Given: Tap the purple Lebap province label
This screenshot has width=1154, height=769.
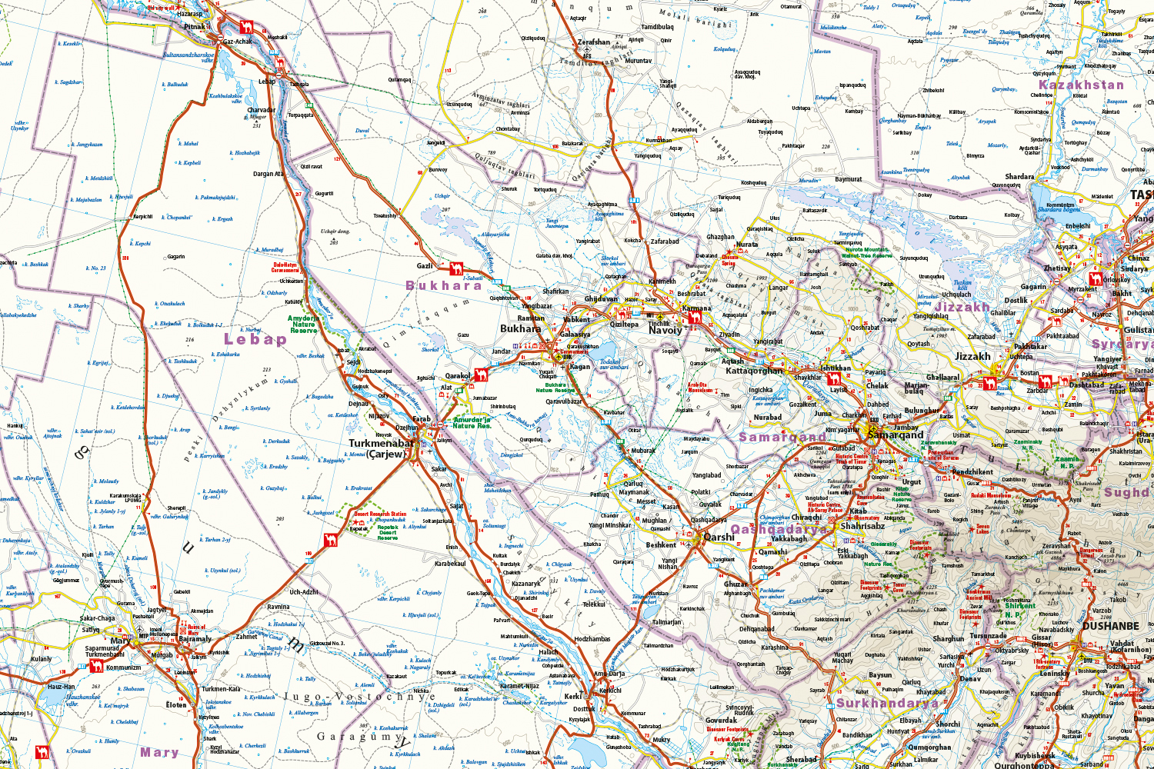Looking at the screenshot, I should [x=255, y=339].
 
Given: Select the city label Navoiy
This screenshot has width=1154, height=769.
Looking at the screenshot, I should [x=665, y=331].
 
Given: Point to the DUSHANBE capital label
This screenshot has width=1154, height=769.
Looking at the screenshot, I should [x=1110, y=626].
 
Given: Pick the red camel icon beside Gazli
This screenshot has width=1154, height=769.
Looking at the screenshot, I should [x=456, y=268].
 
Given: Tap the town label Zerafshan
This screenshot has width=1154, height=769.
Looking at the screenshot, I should [x=593, y=42].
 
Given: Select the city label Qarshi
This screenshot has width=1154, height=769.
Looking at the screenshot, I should [x=719, y=537].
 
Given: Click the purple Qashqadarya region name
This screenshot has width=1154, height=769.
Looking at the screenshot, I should [x=779, y=529].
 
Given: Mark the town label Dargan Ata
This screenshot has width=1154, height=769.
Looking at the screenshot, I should [x=268, y=174].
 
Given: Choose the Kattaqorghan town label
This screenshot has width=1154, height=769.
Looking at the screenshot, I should [x=754, y=371].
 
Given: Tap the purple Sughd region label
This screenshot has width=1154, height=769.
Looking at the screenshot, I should [x=1126, y=492].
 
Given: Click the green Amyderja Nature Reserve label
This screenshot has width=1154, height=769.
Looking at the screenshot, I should [x=303, y=324].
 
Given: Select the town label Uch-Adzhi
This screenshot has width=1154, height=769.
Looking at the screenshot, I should [x=304, y=592].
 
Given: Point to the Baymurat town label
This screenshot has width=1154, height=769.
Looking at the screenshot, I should [x=849, y=179].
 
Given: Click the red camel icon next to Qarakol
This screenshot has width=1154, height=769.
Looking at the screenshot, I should [x=481, y=375].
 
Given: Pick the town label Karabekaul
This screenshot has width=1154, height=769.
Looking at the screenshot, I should [x=450, y=564].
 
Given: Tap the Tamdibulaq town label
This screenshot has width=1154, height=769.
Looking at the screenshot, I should [x=657, y=27].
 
